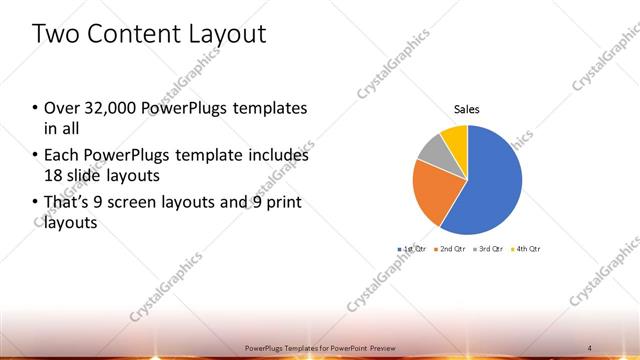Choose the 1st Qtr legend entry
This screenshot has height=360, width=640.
coord(411,248)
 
